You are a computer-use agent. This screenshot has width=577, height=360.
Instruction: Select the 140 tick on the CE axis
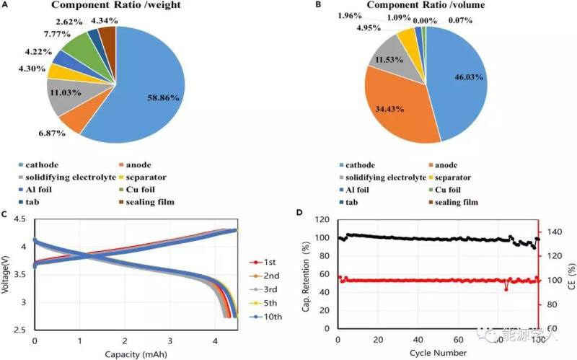[555, 232]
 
